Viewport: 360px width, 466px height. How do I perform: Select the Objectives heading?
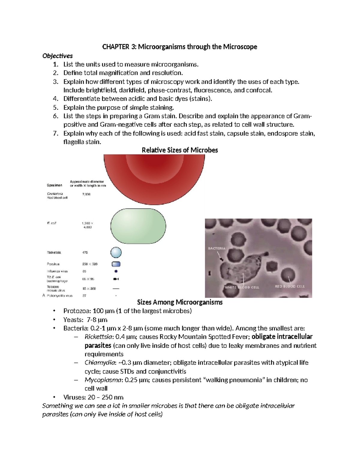click(x=58, y=56)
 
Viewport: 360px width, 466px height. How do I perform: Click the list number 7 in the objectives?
click(x=55, y=134)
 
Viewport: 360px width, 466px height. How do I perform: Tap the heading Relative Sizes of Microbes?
click(x=180, y=150)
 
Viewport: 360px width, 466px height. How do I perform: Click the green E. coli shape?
click(x=138, y=226)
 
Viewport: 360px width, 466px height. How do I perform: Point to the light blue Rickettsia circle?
click(x=116, y=253)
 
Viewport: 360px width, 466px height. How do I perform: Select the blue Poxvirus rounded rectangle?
click(x=116, y=264)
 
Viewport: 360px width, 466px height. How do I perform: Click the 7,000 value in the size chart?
click(x=86, y=194)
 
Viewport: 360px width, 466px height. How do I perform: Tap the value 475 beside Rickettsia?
click(x=85, y=253)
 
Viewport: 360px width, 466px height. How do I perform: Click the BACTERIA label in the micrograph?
click(x=217, y=248)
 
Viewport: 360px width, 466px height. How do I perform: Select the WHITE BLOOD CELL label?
click(x=242, y=287)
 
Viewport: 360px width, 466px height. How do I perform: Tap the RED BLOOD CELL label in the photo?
click(x=289, y=286)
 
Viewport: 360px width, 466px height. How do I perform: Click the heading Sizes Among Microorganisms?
click(x=180, y=302)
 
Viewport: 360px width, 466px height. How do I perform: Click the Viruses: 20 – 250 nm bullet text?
click(x=93, y=397)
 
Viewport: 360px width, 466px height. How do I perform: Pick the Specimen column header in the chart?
click(x=55, y=185)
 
